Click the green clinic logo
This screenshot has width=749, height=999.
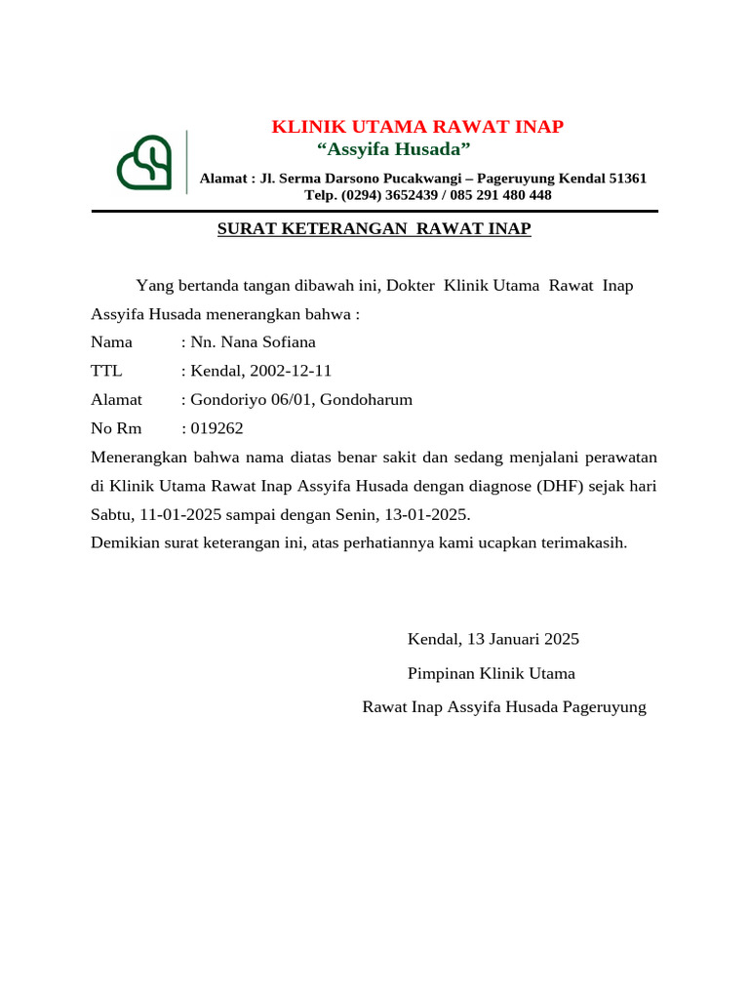tap(144, 162)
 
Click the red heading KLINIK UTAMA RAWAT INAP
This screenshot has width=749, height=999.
tap(416, 127)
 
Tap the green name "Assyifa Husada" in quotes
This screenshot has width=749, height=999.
tap(394, 149)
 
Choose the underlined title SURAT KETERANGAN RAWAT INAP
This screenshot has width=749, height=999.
tap(374, 229)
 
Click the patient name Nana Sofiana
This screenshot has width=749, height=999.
tap(266, 342)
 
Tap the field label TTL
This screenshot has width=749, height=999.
tap(106, 371)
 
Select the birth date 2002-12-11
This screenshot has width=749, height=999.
tap(291, 371)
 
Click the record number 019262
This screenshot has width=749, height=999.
tap(217, 428)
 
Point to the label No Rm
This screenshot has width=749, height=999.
tap(116, 428)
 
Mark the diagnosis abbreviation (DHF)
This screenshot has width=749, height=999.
tap(553, 486)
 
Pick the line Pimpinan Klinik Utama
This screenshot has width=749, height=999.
tap(491, 674)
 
